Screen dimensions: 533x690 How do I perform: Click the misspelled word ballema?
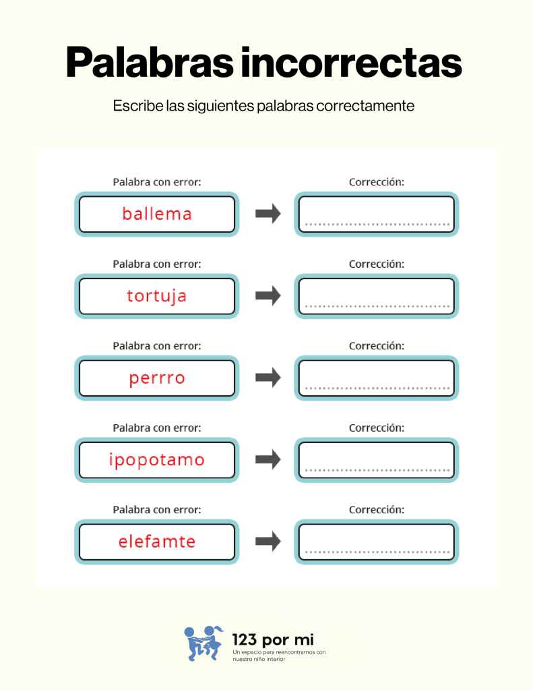[157, 214]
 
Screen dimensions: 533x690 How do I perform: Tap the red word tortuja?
[157, 296]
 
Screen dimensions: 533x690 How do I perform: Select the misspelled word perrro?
[157, 378]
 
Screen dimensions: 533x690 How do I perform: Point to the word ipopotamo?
[157, 460]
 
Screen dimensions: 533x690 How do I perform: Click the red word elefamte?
[157, 542]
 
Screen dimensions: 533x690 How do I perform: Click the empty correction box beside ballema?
[377, 214]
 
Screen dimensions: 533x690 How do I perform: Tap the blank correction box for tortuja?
[377, 296]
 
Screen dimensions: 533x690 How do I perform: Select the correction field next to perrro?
[377, 378]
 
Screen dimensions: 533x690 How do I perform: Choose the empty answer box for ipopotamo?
[377, 460]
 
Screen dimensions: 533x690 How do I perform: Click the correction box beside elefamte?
[377, 542]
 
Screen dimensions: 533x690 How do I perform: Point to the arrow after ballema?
[268, 214]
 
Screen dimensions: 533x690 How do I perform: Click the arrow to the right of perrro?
[268, 378]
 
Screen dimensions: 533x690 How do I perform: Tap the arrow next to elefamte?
[268, 541]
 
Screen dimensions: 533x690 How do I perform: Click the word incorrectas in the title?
[351, 63]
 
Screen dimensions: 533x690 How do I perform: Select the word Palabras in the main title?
[150, 63]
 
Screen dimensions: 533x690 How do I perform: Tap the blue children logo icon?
[203, 643]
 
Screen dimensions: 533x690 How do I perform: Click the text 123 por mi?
[273, 639]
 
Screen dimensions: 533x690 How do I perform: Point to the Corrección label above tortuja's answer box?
[377, 264]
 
